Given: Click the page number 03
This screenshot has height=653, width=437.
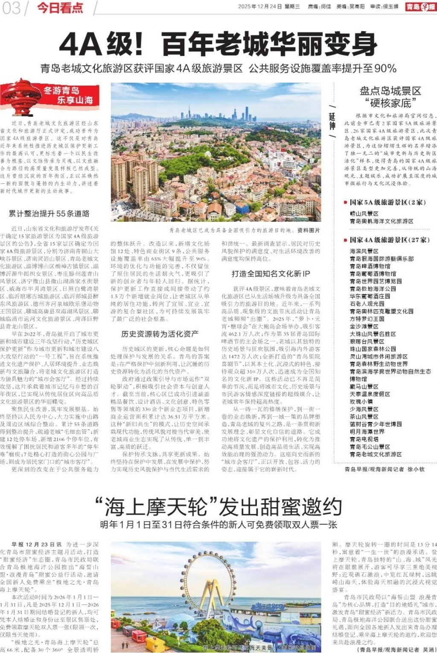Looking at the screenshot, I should pyautogui.click(x=11, y=8).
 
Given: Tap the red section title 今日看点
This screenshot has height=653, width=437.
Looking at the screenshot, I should pyautogui.click(x=60, y=8).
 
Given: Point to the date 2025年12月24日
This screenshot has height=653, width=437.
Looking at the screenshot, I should pyautogui.click(x=259, y=6).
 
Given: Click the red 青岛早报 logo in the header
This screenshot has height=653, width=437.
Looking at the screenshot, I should pyautogui.click(x=420, y=6).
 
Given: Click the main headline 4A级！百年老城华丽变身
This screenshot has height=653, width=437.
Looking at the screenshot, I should pyautogui.click(x=218, y=44).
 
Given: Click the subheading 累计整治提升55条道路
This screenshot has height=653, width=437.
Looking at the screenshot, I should pyautogui.click(x=49, y=214).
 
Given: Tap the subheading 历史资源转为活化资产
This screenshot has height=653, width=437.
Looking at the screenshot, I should pyautogui.click(x=160, y=334).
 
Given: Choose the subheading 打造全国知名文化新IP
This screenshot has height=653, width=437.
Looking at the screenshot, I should pyautogui.click(x=271, y=273).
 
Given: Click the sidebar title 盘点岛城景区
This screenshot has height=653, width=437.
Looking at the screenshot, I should pyautogui.click(x=390, y=91).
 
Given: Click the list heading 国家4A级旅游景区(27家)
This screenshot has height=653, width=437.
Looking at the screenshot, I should pyautogui.click(x=389, y=240).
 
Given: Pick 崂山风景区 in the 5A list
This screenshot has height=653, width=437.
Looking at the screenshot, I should pyautogui.click(x=364, y=213).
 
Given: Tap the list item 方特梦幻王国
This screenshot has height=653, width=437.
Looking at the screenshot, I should pyautogui.click(x=367, y=319).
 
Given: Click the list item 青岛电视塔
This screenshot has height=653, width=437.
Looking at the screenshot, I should pyautogui.click(x=364, y=439).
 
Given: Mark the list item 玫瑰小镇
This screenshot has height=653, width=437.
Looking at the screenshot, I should pyautogui.click(x=361, y=401).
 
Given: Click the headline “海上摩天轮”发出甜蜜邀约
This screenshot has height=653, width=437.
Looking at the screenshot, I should pyautogui.click(x=218, y=507).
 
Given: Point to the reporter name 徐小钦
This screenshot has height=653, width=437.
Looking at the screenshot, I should pyautogui.click(x=416, y=469).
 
